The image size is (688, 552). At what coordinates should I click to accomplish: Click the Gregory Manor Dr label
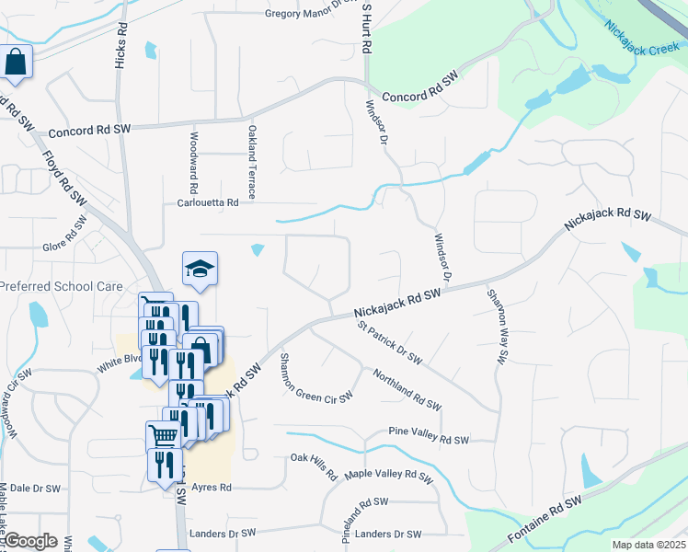pos(309,14)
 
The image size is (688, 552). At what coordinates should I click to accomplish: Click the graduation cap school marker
pos(200,269)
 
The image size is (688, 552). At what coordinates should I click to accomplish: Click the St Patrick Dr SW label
pos(389,340)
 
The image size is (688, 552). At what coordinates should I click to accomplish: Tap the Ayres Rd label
pos(212,488)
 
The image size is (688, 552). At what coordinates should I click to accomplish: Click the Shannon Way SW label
pos(499,328)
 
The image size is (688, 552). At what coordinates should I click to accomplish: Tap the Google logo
pos(30,541)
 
